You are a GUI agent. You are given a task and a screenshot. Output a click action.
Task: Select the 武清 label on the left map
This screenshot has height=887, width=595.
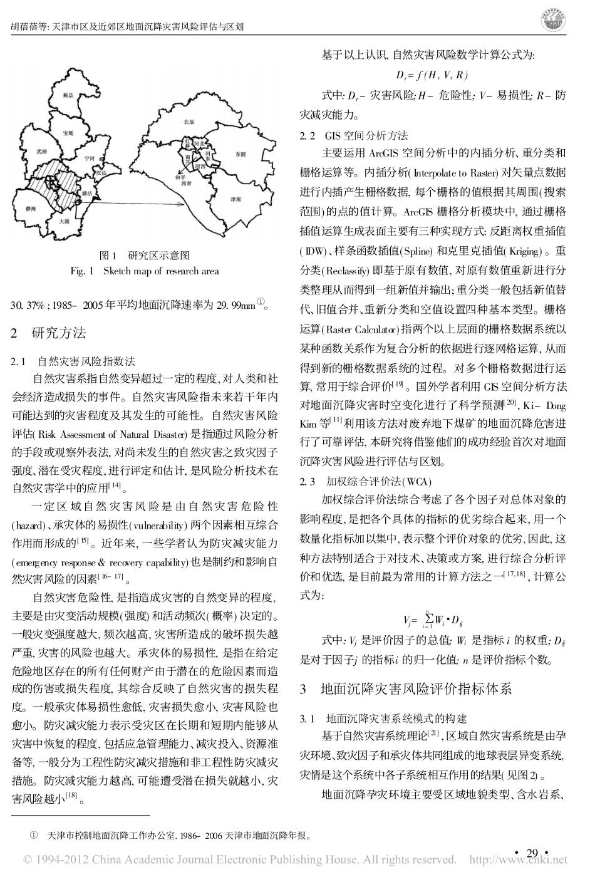42,152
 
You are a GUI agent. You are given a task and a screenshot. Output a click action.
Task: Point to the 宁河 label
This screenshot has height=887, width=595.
88,159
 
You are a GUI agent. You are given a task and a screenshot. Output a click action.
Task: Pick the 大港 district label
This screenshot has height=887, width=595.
65,221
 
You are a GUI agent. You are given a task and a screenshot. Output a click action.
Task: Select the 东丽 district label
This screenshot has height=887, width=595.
241,153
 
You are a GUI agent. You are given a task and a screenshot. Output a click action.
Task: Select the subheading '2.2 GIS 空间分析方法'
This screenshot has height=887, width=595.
354,135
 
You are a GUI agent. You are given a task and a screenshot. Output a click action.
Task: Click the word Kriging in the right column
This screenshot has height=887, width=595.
522,251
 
